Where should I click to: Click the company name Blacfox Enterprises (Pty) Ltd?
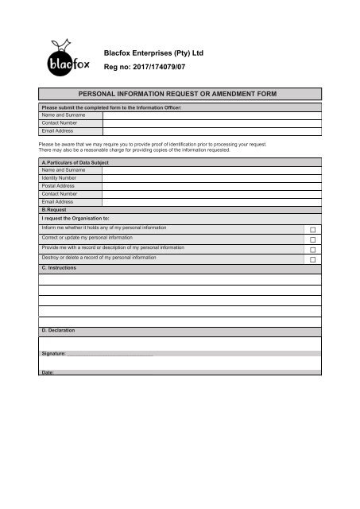coord(161,52)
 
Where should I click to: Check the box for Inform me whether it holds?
coord(312,229)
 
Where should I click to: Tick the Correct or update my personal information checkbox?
coord(312,239)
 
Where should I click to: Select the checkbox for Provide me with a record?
coord(312,250)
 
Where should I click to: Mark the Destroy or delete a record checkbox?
coord(312,260)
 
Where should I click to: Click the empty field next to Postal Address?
coord(211,186)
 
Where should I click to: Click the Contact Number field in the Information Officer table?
coord(211,123)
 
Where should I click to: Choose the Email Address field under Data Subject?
coord(211,201)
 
